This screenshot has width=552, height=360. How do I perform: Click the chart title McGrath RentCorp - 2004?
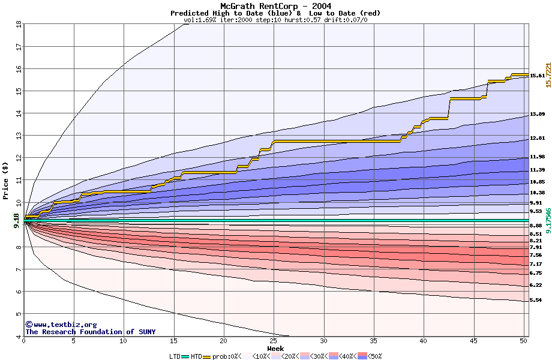[x=275, y=7]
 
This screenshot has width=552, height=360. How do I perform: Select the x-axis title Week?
[x=275, y=349]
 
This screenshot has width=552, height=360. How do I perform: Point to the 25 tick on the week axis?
[x=274, y=341]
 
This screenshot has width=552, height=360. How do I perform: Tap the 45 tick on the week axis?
[x=473, y=341]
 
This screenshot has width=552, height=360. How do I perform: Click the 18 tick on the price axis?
[x=19, y=24]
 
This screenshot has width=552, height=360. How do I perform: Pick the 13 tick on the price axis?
[x=19, y=136]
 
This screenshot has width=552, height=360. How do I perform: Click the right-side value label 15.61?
[x=538, y=76]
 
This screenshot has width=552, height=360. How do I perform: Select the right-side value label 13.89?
[x=538, y=114]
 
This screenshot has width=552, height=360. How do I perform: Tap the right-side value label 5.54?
[x=536, y=300]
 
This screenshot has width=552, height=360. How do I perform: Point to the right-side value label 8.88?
[x=536, y=226]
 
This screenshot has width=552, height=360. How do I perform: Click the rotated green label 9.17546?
[x=548, y=221]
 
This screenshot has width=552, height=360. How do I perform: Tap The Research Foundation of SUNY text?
[x=90, y=332]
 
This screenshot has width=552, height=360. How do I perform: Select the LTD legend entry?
[x=175, y=356]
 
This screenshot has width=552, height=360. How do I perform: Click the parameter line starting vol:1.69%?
[x=275, y=20]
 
